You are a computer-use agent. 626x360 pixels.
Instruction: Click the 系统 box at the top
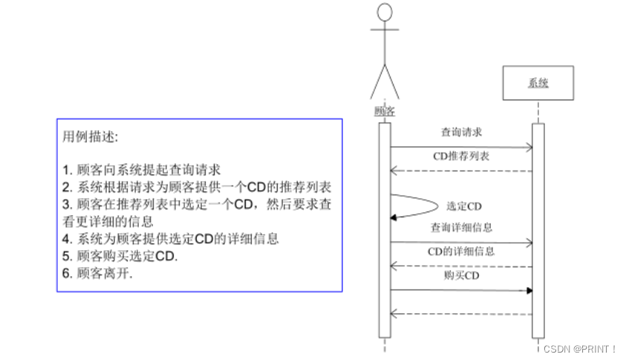[538, 83]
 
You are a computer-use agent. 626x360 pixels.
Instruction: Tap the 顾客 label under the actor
[384, 111]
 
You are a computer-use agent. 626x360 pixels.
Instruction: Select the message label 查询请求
[461, 132]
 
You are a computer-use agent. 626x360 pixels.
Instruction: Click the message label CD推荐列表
[461, 157]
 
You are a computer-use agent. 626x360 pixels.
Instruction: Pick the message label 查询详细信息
[461, 227]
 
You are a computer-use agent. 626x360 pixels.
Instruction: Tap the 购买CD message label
[461, 275]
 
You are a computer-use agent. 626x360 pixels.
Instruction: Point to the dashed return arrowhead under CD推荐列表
[395, 171]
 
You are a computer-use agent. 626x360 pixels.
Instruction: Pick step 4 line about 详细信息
[170, 238]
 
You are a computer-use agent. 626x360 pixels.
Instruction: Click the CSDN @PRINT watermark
[579, 348]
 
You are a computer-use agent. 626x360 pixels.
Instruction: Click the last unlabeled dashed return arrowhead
[395, 315]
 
